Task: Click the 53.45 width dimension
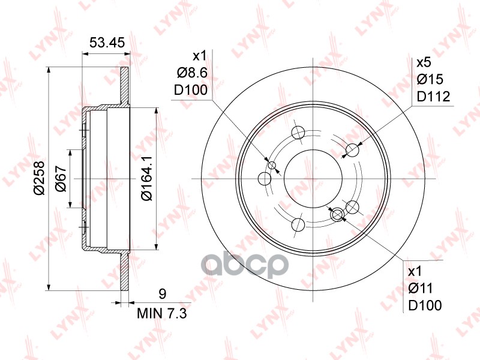(106, 43)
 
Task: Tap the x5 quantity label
(424, 62)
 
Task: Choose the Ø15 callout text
(429, 79)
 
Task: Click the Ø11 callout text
(424, 289)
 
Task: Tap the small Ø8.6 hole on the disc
(271, 166)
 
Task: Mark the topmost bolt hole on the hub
(298, 133)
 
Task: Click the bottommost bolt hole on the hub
(298, 225)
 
